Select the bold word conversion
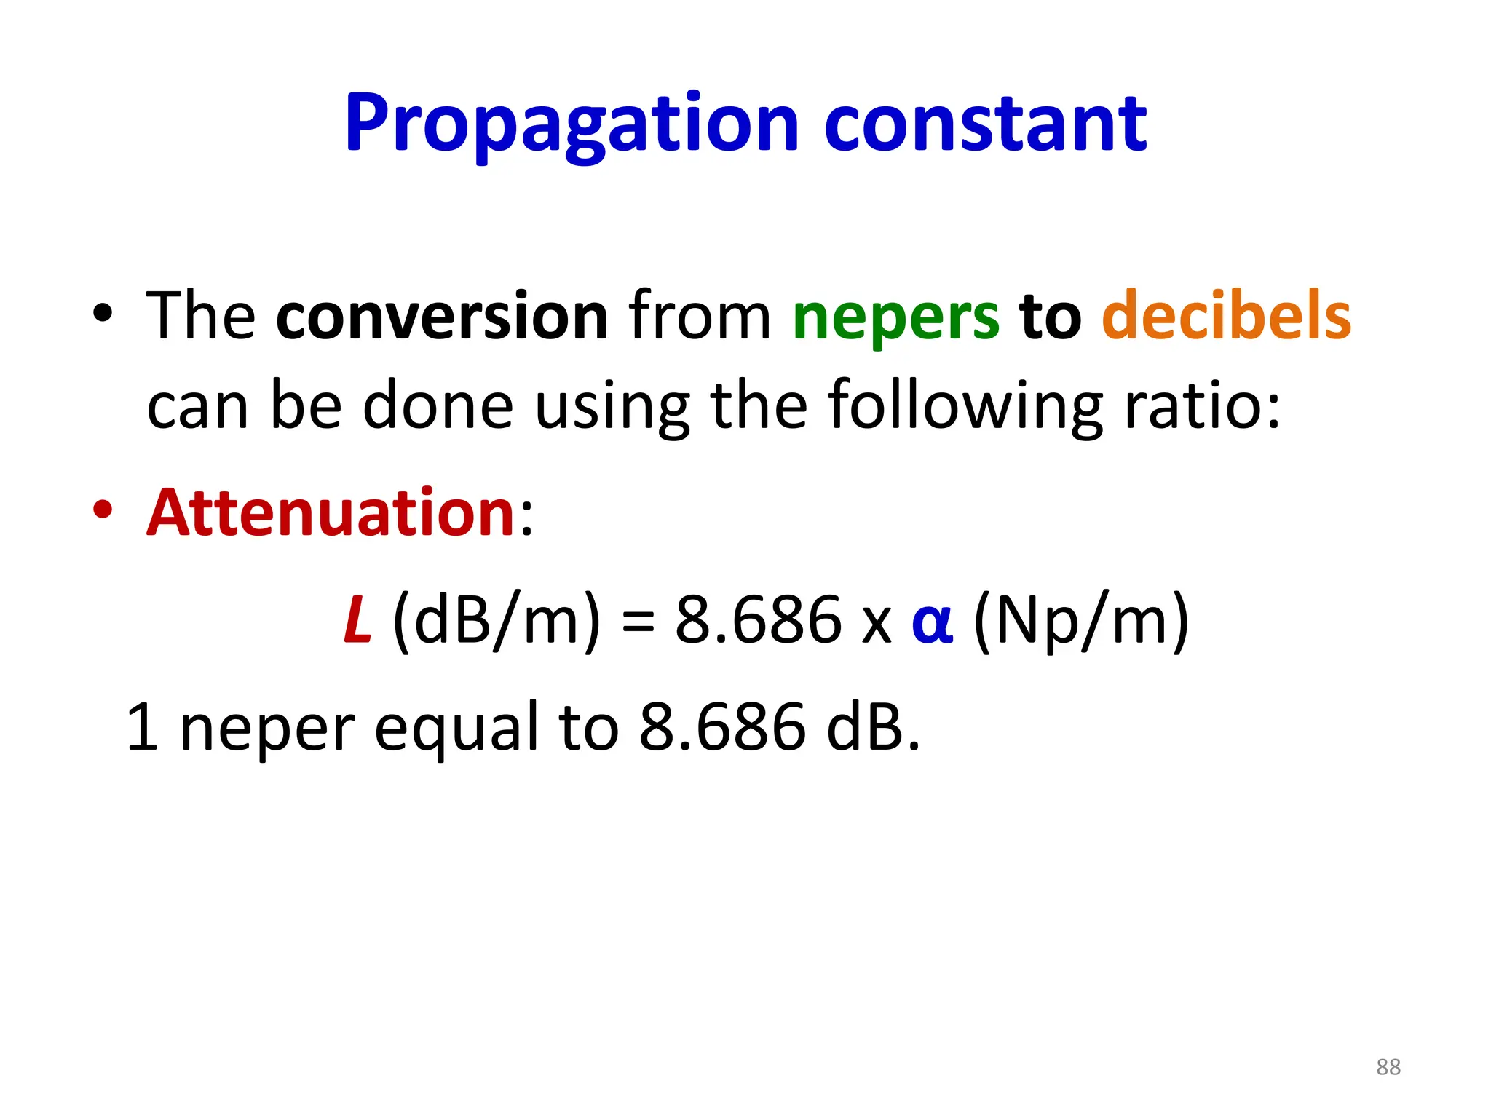coord(442,316)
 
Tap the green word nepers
coord(895,317)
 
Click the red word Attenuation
coord(331,512)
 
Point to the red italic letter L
coord(357,620)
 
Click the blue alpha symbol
coord(932,623)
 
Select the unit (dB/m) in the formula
coord(497,620)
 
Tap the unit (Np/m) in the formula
coord(1081,620)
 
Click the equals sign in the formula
coord(638,623)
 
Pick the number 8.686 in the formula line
coord(758,620)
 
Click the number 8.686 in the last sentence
coord(722,727)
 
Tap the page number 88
coord(1388,1067)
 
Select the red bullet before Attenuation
coord(103,510)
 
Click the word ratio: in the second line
coord(1202,406)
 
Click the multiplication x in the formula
coord(876,625)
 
